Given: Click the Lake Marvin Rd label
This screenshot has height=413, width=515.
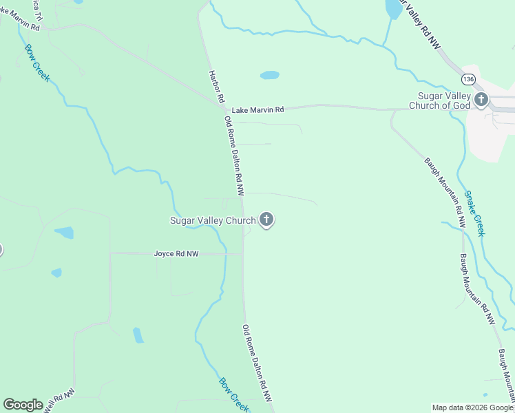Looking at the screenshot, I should click(x=257, y=110).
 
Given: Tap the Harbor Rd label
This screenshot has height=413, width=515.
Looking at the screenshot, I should click(x=215, y=86).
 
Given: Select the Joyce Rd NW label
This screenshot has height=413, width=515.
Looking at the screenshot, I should click(x=176, y=254).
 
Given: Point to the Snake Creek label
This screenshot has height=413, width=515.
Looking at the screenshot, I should click(x=474, y=213).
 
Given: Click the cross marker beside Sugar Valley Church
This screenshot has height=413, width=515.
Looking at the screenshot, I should click(x=266, y=220).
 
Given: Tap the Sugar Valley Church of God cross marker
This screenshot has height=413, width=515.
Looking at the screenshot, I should click(x=481, y=100).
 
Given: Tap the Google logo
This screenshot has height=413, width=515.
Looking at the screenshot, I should click(x=23, y=405).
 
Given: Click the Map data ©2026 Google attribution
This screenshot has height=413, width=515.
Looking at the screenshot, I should click(x=472, y=407).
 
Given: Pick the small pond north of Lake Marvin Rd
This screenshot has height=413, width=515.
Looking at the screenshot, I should click(x=269, y=75).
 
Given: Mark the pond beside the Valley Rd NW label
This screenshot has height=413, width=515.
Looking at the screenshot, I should click(x=393, y=8).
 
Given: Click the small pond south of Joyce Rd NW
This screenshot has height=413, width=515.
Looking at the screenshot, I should click(x=138, y=335).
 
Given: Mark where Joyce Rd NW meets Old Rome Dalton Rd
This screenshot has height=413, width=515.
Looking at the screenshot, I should click(x=242, y=254).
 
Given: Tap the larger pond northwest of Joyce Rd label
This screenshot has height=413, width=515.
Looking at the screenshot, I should click(x=64, y=233).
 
